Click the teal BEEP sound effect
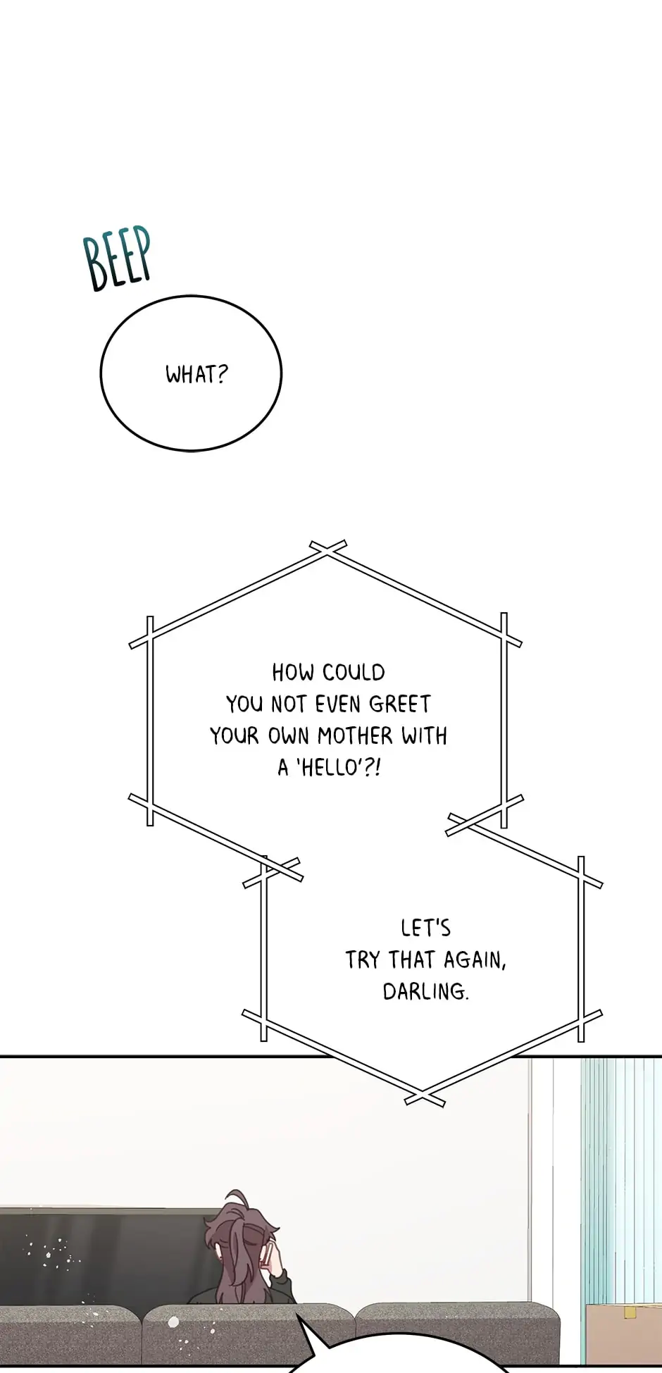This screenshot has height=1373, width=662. point(118,258)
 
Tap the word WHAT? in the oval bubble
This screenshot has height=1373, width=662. point(196,374)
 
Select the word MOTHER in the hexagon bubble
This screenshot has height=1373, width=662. point(355,736)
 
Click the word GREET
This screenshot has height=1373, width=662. point(399,704)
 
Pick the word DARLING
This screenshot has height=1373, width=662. point(425,992)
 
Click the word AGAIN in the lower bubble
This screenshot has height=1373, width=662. point(474,960)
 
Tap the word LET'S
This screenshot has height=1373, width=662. point(425,928)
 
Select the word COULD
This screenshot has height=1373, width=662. point(354,673)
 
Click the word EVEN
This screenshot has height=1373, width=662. point(338,704)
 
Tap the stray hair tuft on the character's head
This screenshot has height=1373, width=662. point(237,1198)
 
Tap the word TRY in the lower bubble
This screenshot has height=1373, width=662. point(362,960)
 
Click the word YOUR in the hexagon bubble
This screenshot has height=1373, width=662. point(234,736)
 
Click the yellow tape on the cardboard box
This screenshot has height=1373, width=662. point(630,1312)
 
